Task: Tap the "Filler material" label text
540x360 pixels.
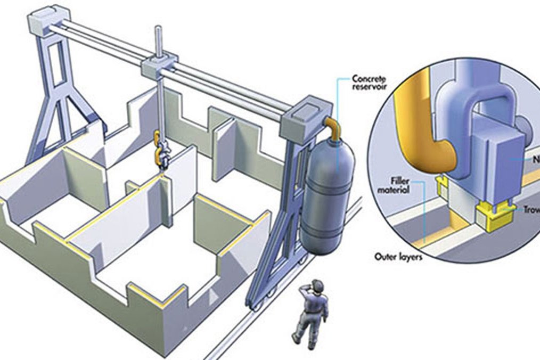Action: [x=400, y=184]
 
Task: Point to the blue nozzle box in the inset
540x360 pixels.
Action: [x=495, y=160]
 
